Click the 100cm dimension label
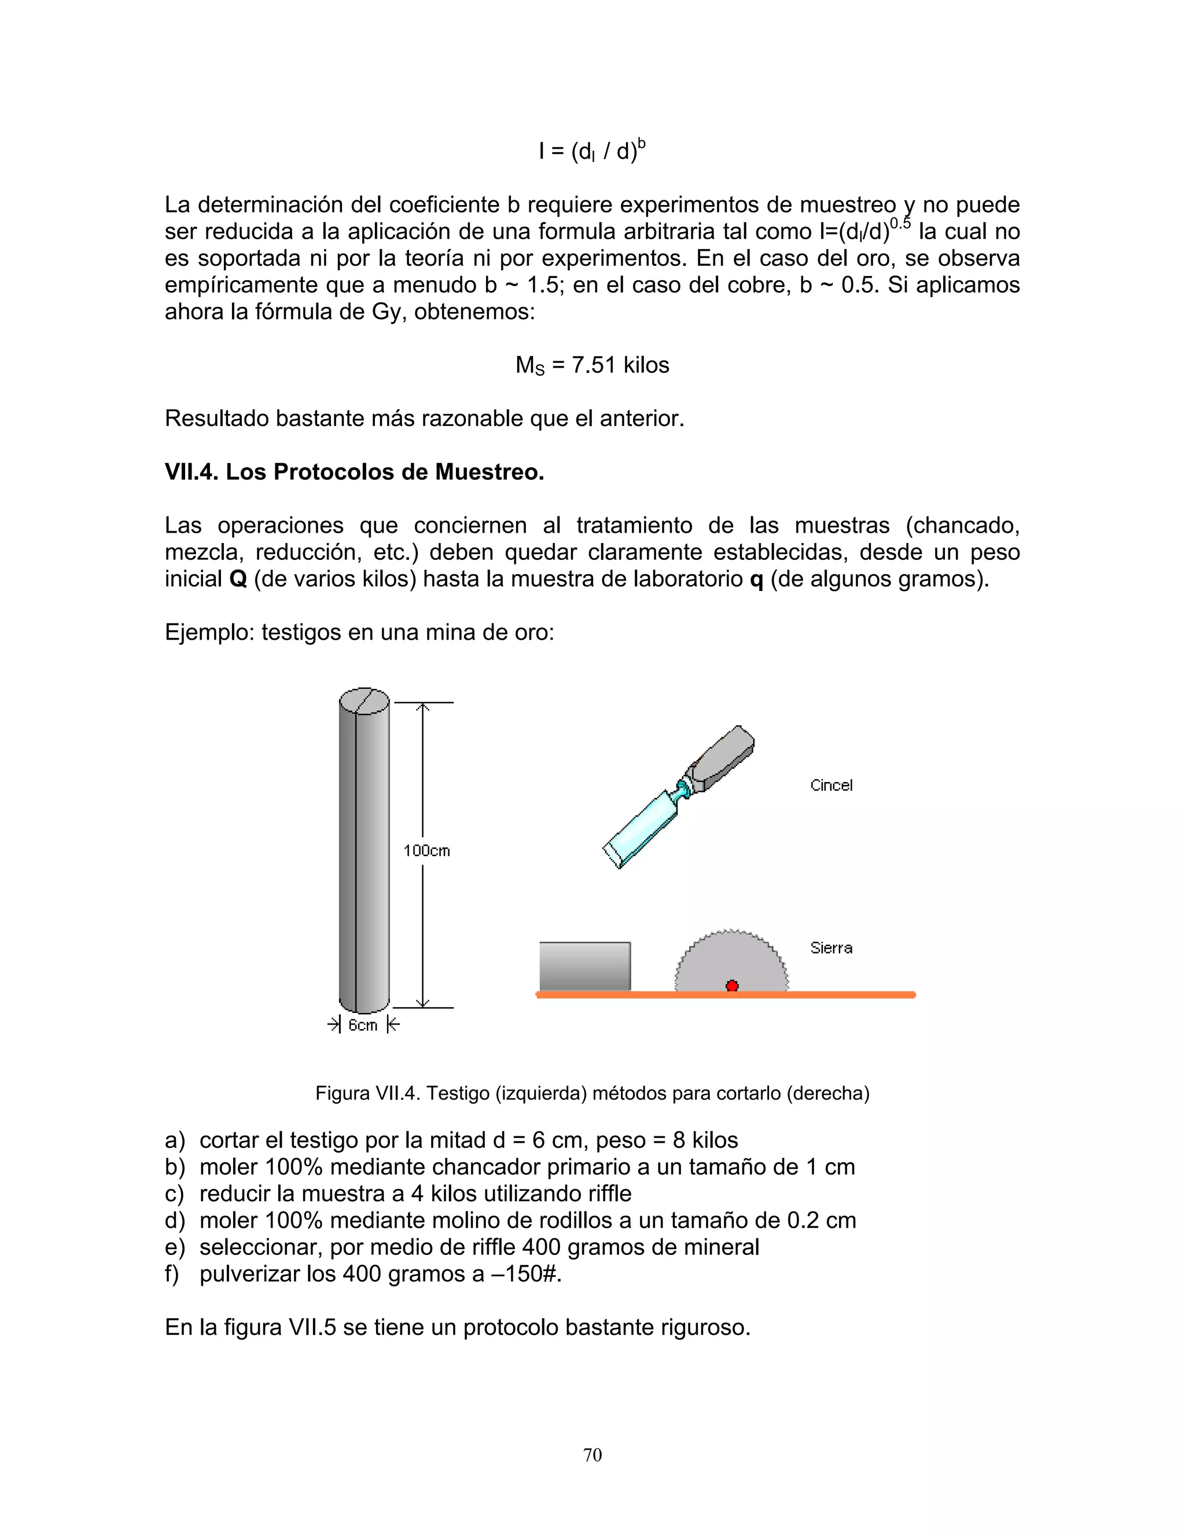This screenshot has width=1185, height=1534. pyautogui.click(x=426, y=850)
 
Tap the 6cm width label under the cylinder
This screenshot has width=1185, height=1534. pyautogui.click(x=363, y=1026)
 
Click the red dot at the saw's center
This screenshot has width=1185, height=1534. pyautogui.click(x=731, y=985)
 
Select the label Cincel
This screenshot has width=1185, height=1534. pyautogui.click(x=831, y=786)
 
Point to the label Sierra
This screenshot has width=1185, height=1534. pyautogui.click(x=831, y=948)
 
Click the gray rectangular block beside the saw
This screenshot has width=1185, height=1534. pyautogui.click(x=585, y=967)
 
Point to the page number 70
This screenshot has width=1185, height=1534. pyautogui.click(x=592, y=1455)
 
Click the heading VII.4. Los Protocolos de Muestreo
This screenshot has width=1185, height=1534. pyautogui.click(x=355, y=472)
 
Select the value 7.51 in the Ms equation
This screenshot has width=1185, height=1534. pyautogui.click(x=594, y=365)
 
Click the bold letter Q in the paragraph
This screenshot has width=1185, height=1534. pyautogui.click(x=238, y=579)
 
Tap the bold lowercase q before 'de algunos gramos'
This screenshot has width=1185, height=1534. pyautogui.click(x=756, y=580)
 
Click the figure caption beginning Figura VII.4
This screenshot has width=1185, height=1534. pyautogui.click(x=592, y=1093)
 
